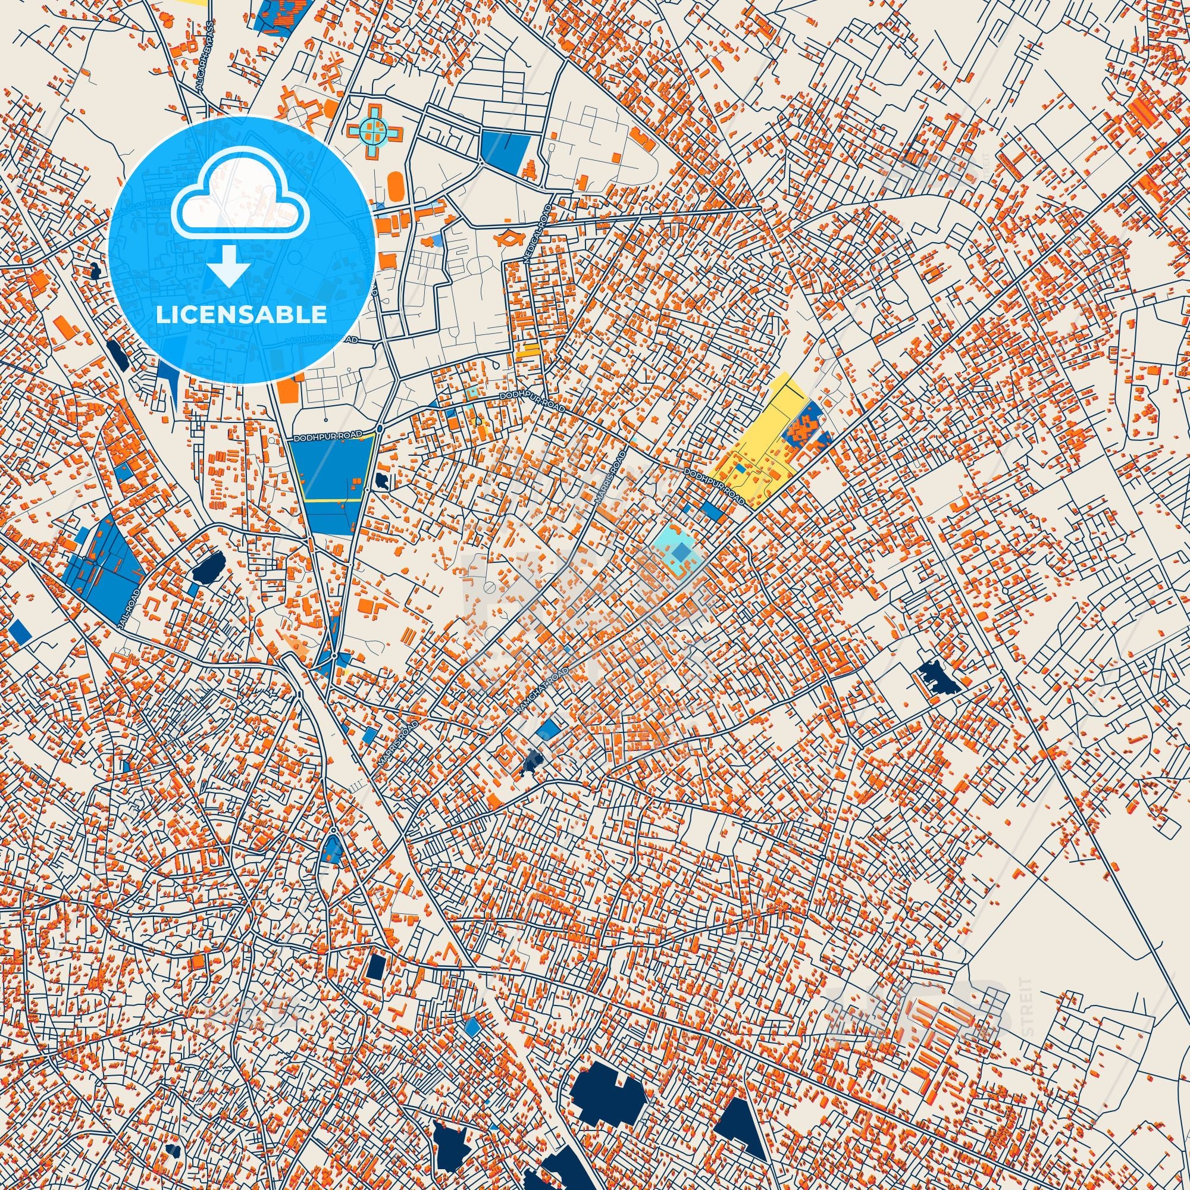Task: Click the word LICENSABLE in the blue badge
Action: click(x=242, y=315)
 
